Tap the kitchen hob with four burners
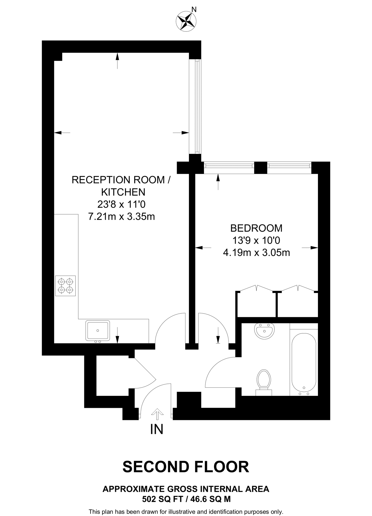coord(65,285)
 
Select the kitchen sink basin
coord(98,330)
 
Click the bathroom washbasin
coord(264,331)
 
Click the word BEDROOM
coord(256,228)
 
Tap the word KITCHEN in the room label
coord(123,192)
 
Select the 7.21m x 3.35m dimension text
coord(121,216)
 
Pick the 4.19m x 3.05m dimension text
coord(256,252)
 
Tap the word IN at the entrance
coord(157,429)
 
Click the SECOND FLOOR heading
coord(186,467)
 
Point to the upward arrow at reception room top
coord(117,60)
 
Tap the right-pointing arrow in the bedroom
coord(310,248)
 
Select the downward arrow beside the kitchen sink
coord(117,335)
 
